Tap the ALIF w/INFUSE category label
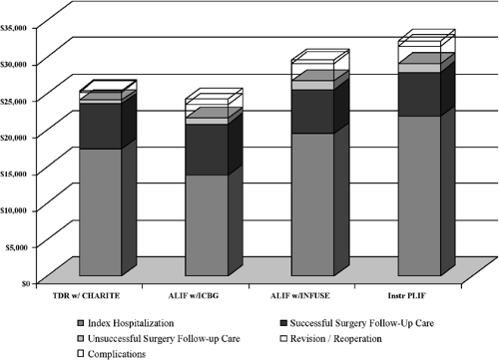(x=305, y=294)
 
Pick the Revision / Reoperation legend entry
(x=337, y=338)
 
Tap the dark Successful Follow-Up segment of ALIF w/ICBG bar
(x=204, y=150)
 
